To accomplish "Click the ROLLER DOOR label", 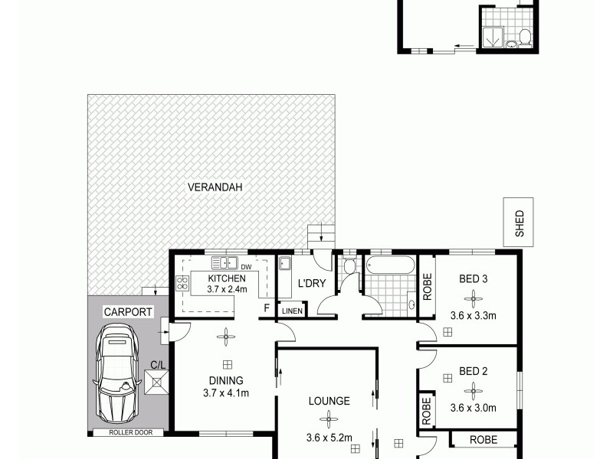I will coord(126,433).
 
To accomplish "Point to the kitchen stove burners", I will coord(182,284).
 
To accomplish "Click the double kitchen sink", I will coord(225,262).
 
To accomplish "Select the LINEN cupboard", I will coord(292,311).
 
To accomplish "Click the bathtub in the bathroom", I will coord(391,266).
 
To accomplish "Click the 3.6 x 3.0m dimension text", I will coord(474,408).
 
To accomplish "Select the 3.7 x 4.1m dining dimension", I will coord(226,393).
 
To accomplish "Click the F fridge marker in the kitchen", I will coord(267,308).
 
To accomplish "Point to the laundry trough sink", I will coord(284,265).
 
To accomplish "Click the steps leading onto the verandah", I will coord(321,236).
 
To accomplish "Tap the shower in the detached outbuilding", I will coord(494,33).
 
